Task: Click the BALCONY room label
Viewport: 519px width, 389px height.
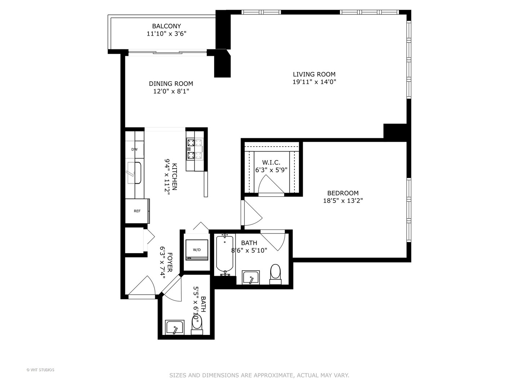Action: click(x=166, y=26)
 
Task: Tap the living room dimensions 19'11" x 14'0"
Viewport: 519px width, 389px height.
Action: click(x=314, y=82)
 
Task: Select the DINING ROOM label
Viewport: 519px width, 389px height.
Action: click(x=171, y=84)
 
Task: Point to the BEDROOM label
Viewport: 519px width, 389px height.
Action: click(x=343, y=193)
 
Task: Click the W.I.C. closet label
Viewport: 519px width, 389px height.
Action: click(x=271, y=162)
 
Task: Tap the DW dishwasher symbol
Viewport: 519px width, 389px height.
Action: click(x=134, y=149)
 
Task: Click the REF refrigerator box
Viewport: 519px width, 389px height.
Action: click(x=137, y=211)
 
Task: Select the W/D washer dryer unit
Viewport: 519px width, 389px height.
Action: click(x=197, y=250)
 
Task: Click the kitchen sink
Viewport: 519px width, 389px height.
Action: click(x=134, y=173)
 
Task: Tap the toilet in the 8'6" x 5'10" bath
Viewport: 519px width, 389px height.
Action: click(x=275, y=274)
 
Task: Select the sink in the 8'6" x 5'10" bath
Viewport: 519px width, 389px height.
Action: click(x=250, y=278)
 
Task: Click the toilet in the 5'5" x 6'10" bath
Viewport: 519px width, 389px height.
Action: click(x=197, y=324)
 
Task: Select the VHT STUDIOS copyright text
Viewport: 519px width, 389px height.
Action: click(x=40, y=370)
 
